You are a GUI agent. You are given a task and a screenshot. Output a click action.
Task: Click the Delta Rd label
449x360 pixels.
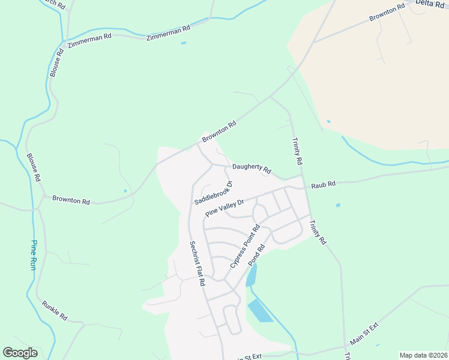click(430, 4)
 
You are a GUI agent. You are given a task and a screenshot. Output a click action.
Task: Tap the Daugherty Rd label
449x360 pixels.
click(252, 170)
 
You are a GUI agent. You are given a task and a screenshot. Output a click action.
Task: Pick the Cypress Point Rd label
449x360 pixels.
click(244, 247)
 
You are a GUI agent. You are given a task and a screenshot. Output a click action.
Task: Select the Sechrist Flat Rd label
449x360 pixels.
click(197, 263)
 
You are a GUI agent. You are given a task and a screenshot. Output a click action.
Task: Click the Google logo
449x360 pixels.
click(20, 353)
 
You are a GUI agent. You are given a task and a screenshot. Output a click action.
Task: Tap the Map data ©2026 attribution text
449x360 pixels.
click(423, 355)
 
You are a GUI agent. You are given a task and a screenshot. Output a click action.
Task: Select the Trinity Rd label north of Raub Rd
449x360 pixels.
click(296, 151)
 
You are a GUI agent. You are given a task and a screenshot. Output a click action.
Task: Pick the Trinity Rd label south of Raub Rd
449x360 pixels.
click(317, 232)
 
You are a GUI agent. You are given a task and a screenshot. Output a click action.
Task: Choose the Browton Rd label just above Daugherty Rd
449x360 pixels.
click(219, 131)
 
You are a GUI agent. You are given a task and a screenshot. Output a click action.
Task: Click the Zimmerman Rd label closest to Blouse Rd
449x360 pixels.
click(90, 37)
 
